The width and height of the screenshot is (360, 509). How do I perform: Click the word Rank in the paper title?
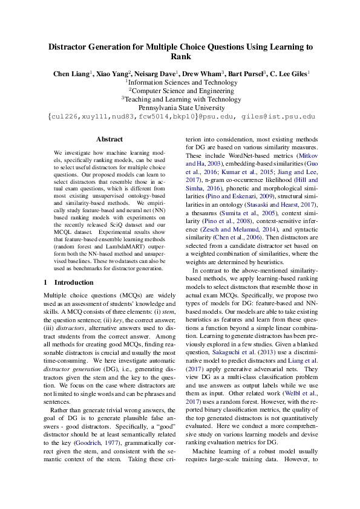click(x=180, y=57)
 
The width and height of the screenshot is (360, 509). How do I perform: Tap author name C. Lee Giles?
click(x=288, y=73)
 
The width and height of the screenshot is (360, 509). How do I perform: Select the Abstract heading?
click(x=110, y=139)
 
